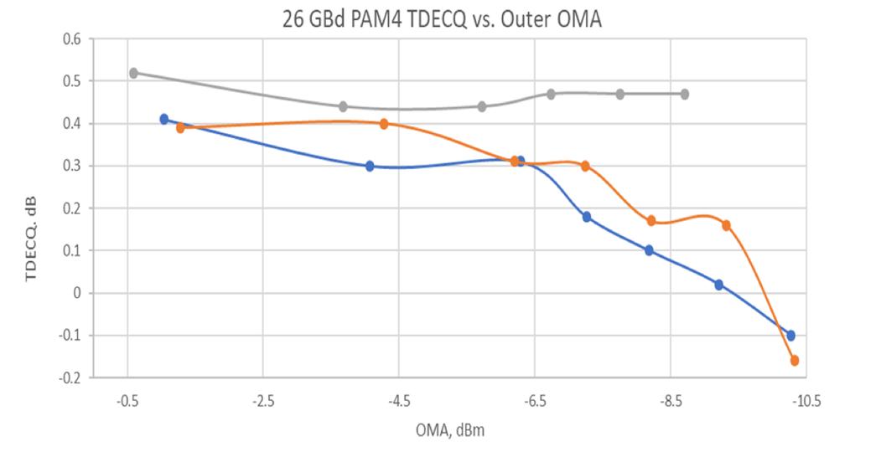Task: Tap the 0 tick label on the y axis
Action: pos(76,293)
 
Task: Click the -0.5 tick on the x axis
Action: pos(127,400)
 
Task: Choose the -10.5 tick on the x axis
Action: pos(806,400)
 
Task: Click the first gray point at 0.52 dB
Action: pos(133,73)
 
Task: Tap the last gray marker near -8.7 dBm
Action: pos(685,94)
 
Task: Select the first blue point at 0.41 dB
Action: pos(164,119)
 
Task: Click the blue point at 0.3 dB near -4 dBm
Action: pos(370,166)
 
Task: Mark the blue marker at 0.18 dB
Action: pos(587,217)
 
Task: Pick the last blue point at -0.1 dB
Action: pos(790,335)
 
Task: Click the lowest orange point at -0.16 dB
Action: pos(794,361)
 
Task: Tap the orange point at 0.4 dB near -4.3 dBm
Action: pos(384,124)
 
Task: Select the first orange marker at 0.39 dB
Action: pos(180,128)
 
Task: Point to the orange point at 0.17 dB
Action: pos(651,221)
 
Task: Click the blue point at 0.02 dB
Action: pos(719,285)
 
